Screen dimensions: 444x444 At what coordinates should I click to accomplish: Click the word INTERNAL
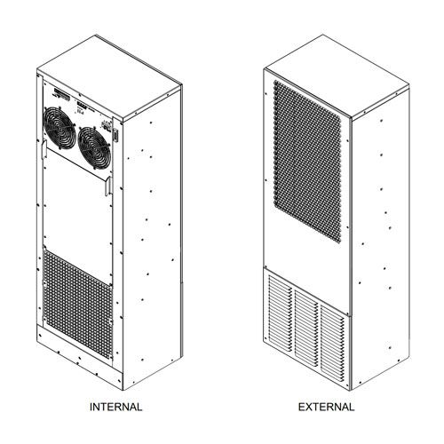tap(115, 407)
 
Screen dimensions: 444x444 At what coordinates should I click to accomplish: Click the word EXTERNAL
tap(326, 407)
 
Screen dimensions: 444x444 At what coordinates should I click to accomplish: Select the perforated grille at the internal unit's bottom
tap(77, 304)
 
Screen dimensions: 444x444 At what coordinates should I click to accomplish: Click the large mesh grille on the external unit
tap(307, 161)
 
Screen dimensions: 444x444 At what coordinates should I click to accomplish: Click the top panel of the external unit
tap(337, 76)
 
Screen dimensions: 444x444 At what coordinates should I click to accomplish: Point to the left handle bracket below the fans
tap(44, 149)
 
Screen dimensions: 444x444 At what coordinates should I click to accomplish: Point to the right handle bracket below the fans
tap(109, 186)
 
